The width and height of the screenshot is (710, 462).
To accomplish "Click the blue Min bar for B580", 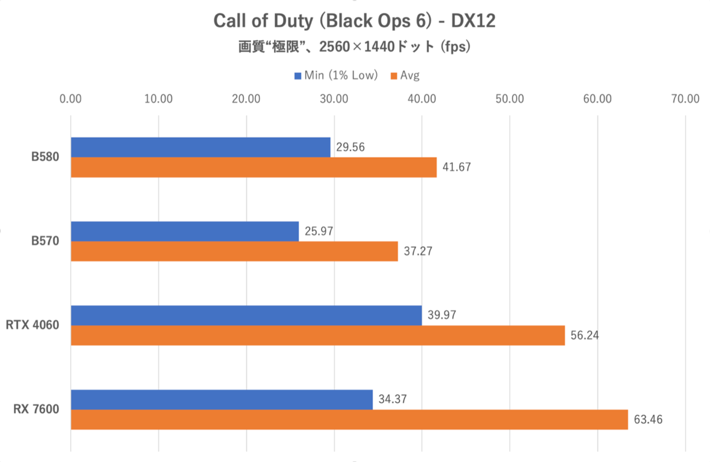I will [201, 147].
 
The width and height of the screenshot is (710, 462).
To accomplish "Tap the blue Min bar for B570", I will [185, 231].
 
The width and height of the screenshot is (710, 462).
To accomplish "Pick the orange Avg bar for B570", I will [234, 251].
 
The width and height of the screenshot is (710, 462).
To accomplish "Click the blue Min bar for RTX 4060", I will [246, 315].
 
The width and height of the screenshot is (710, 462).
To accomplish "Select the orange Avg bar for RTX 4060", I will [318, 335].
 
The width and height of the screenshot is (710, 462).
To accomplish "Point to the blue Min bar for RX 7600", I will [222, 399].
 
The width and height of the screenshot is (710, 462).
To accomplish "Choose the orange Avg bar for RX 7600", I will [349, 419].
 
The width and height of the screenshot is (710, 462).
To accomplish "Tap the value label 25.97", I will [318, 231].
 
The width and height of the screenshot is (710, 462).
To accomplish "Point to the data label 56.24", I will [584, 335].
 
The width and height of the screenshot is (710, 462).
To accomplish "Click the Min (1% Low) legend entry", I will [335, 75].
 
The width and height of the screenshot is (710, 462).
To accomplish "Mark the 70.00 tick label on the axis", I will [685, 99].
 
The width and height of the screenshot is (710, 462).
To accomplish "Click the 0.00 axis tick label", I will [71, 99].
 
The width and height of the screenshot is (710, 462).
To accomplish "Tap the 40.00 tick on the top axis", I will [422, 99].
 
